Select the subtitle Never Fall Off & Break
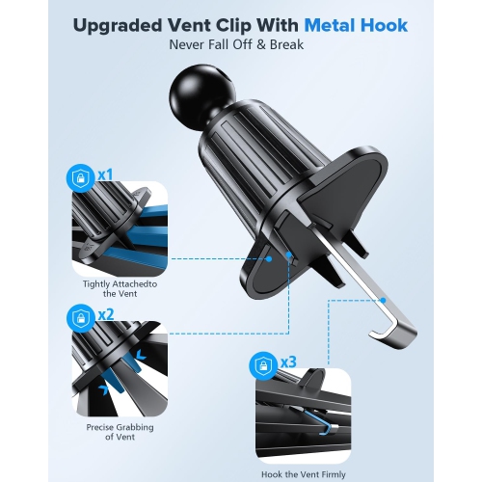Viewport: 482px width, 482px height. point(241,44)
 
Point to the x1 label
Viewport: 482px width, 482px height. point(105,176)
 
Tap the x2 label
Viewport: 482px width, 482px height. point(105,314)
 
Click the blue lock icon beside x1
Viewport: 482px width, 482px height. point(81,176)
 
